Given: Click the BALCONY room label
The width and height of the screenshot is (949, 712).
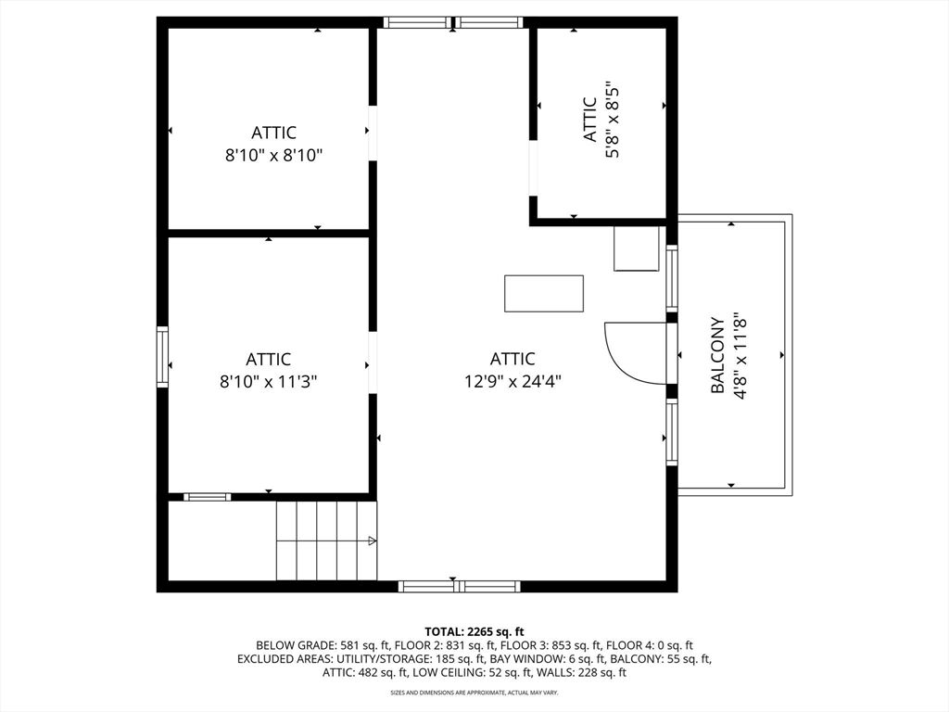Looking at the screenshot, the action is [x=718, y=355].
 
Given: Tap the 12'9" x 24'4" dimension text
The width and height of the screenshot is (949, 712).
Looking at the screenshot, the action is [x=512, y=382].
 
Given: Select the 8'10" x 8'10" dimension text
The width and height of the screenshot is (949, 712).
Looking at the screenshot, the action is [x=273, y=156].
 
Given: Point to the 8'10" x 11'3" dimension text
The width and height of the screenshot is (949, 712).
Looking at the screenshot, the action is [x=268, y=382].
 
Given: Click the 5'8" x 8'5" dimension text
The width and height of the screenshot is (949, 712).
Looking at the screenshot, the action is [x=612, y=120].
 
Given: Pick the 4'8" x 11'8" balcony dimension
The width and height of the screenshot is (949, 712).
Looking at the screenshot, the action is [x=740, y=355].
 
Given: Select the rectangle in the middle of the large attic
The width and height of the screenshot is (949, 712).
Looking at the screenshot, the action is [x=544, y=294].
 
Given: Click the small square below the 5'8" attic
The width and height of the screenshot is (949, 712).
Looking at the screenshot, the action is [x=636, y=248].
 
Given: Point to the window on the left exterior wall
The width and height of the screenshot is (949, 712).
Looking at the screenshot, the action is [x=162, y=357].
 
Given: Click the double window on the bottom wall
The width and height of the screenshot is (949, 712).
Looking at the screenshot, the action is [x=459, y=586].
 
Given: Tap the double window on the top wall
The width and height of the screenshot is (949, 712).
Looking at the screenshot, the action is [x=452, y=22].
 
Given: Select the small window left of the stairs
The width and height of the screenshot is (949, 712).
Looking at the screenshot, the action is [x=207, y=497].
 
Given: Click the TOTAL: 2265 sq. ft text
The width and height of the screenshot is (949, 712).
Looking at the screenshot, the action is [x=474, y=632].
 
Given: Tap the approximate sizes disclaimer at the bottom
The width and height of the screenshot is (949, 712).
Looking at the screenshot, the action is [x=474, y=692].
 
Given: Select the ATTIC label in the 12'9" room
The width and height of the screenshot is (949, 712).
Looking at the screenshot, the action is [x=512, y=359].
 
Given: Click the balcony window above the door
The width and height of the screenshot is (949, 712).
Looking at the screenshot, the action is [x=672, y=278].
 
